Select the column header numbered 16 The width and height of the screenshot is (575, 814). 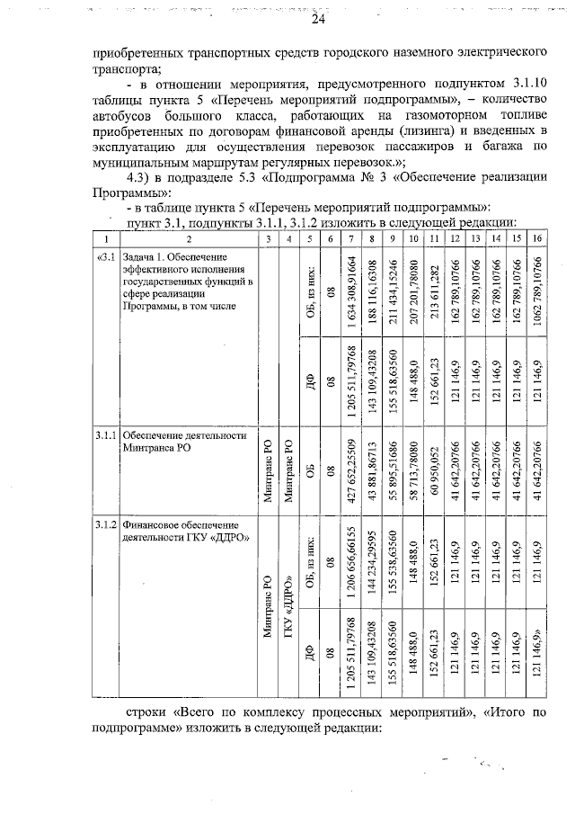(536, 238)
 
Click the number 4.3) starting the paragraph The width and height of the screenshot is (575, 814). (140, 176)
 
